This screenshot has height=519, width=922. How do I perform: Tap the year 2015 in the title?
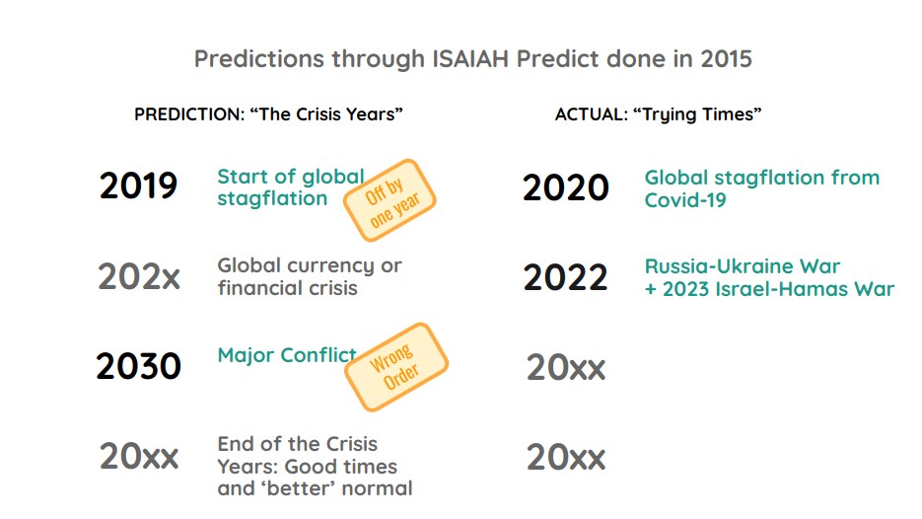[x=726, y=58]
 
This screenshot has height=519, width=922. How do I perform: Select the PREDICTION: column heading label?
[x=188, y=114]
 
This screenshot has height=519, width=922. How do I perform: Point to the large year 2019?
[x=139, y=186]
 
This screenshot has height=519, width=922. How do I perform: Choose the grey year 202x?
[x=139, y=276]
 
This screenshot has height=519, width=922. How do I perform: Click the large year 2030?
[x=139, y=366]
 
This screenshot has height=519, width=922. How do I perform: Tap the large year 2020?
[x=565, y=187]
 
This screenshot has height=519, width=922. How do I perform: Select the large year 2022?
[x=565, y=278]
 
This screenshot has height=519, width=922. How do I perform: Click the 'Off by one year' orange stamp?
[x=389, y=201]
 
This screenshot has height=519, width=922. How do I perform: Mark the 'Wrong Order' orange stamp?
[x=394, y=367]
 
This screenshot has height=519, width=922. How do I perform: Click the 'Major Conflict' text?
[x=287, y=355]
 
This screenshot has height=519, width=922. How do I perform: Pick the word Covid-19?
[x=688, y=200]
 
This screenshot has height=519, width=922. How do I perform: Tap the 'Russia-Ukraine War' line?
[x=743, y=266]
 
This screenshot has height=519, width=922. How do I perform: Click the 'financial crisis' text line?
[x=287, y=289]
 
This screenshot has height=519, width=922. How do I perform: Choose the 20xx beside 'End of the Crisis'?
[x=139, y=457]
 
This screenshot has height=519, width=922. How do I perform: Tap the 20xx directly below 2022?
[x=565, y=367]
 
